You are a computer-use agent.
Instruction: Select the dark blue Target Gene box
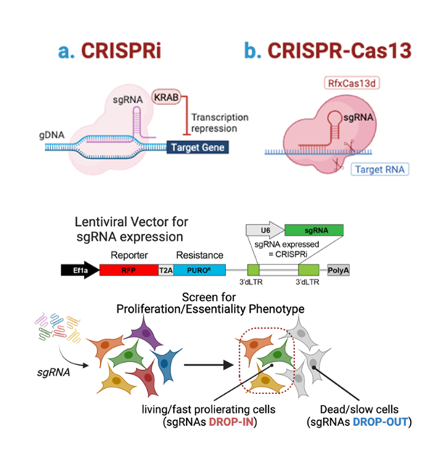(x=198, y=148)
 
